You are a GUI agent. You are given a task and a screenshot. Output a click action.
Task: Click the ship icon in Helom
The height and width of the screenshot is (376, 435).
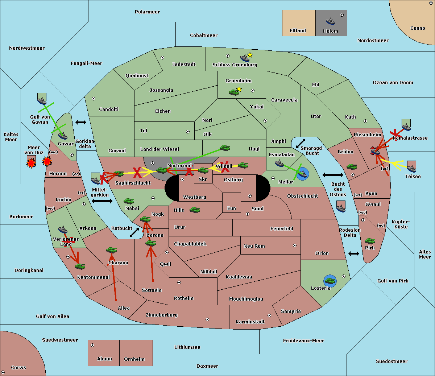(x=330, y=21)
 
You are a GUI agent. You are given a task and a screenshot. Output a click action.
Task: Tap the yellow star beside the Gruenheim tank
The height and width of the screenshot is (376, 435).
(x=239, y=89)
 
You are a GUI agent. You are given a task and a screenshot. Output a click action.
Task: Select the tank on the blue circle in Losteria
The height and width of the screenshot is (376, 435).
(x=330, y=281)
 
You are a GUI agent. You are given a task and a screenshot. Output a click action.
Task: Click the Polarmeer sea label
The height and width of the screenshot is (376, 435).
(x=147, y=12)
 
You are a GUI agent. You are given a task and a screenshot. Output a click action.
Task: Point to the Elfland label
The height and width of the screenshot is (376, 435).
(x=298, y=31)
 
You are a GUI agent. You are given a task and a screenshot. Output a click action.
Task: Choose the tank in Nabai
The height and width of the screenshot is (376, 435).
(x=129, y=201)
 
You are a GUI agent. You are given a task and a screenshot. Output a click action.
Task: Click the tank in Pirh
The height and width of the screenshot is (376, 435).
(x=370, y=241)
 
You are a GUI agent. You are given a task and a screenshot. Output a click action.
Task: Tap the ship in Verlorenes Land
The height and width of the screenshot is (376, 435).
(x=63, y=230)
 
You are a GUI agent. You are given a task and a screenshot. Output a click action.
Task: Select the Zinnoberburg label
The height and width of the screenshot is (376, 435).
(x=162, y=315)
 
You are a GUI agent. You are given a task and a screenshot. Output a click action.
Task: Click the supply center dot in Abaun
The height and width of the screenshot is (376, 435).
(x=92, y=345)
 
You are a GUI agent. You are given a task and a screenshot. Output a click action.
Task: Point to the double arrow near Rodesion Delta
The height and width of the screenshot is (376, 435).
(x=354, y=253)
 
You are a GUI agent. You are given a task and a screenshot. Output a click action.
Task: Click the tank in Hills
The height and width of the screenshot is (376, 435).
(x=195, y=210)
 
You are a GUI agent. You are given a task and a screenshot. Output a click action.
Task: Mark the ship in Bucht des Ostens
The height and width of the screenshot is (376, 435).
(x=341, y=208)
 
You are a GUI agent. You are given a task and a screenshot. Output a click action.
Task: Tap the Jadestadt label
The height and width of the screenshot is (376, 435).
(x=184, y=65)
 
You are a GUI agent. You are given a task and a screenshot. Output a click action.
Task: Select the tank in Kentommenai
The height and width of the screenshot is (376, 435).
(x=80, y=266)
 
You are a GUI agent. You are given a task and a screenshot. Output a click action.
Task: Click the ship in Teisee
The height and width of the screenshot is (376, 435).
(x=411, y=169)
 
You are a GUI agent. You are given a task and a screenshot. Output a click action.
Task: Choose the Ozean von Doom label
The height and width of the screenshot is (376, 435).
(x=393, y=83)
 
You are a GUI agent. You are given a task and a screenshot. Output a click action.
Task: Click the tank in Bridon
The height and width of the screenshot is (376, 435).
(x=352, y=167)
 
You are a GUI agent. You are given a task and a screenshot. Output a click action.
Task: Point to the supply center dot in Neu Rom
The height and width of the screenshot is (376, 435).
(x=295, y=245)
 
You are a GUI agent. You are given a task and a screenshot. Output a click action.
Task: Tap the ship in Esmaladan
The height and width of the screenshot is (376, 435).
(x=279, y=163)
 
